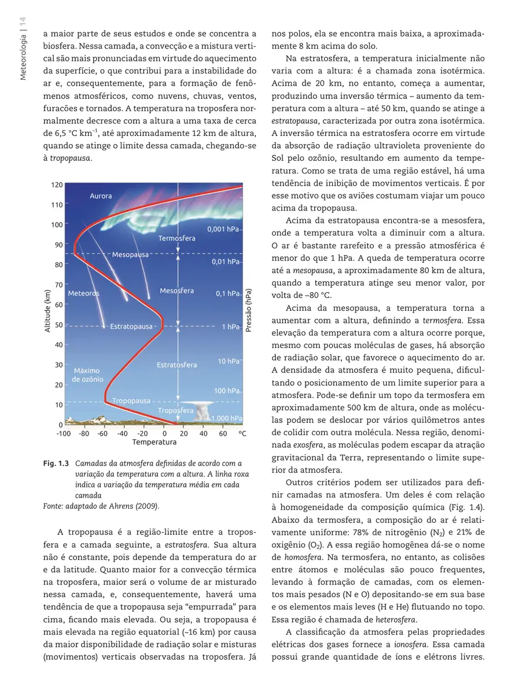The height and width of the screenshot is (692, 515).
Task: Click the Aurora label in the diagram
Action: (101, 196)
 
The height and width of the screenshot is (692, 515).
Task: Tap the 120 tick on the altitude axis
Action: (56, 185)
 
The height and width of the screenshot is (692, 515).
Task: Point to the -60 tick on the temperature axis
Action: (102, 433)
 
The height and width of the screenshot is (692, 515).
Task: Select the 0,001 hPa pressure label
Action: (223, 229)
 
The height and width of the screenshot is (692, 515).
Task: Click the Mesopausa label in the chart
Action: (130, 254)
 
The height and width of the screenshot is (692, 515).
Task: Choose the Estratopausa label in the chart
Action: (131, 326)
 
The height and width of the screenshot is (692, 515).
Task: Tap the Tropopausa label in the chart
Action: (131, 400)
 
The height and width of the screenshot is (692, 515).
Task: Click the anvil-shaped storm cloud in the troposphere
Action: (203, 410)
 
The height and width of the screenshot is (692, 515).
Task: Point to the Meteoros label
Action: (84, 293)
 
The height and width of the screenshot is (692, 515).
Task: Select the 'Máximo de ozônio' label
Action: (87, 375)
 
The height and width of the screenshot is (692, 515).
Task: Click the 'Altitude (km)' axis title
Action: (47, 311)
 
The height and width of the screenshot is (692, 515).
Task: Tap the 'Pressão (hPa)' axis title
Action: (249, 311)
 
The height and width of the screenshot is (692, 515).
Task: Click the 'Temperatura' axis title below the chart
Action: (154, 442)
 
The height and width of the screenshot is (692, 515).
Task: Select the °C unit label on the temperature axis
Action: (242, 433)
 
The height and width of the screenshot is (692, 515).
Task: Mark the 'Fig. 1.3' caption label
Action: (56, 463)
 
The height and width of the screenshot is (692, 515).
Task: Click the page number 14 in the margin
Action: (23, 23)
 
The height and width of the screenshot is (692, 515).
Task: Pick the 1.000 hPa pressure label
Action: (226, 418)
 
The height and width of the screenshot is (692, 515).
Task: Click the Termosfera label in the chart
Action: (176, 238)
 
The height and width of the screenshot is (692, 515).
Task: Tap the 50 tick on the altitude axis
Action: (58, 325)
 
